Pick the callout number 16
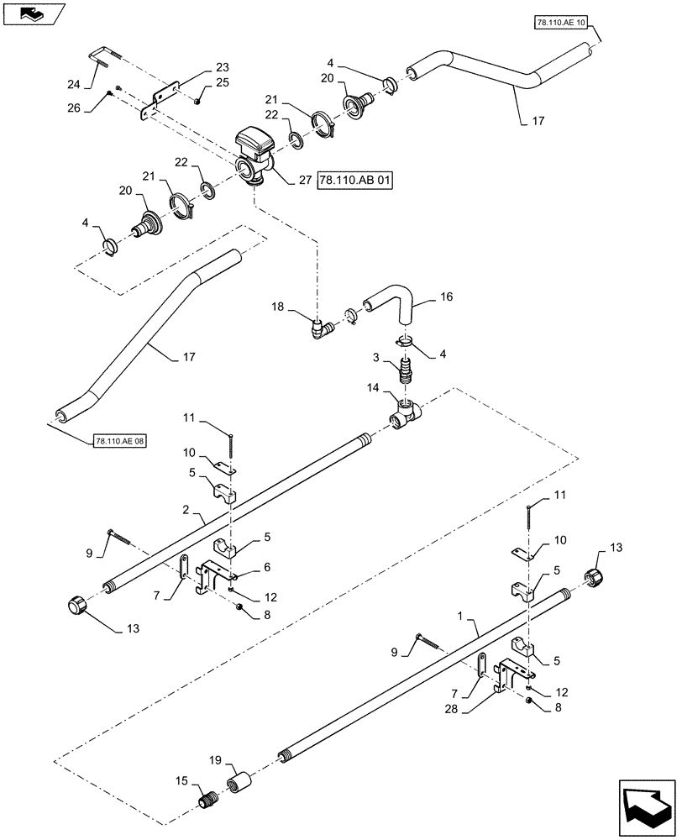[x=445, y=298]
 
